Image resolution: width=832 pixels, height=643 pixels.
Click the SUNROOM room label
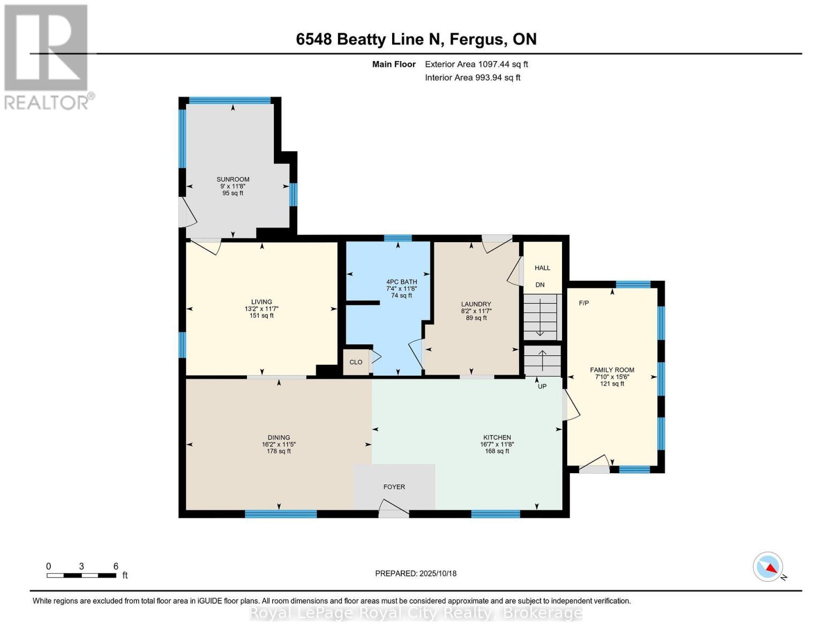click(x=233, y=180)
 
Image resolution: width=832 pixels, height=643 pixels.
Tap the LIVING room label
click(x=261, y=302)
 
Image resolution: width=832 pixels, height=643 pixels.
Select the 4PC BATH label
click(x=401, y=282)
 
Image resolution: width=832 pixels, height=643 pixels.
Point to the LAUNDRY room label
click(x=476, y=304)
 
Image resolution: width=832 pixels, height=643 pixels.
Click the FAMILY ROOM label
click(x=612, y=370)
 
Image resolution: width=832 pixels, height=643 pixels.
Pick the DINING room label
click(x=279, y=437)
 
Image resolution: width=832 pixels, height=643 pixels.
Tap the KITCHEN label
click(x=497, y=437)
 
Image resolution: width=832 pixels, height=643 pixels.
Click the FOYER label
click(x=394, y=487)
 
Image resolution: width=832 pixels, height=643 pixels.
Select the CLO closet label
click(x=356, y=362)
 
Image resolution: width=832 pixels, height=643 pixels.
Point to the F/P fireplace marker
click(x=583, y=303)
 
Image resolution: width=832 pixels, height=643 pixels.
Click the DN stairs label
click(x=540, y=285)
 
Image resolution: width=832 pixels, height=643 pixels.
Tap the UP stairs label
click(x=542, y=386)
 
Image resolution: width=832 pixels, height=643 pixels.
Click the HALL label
click(x=542, y=268)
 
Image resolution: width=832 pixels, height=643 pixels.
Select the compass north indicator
click(x=769, y=567)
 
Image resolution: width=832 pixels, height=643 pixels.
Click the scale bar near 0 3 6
click(x=81, y=575)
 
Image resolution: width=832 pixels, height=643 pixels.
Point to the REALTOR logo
click(x=47, y=56)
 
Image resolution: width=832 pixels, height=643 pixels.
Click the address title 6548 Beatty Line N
click(x=416, y=39)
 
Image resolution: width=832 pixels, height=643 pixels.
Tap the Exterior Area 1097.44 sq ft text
click(x=476, y=64)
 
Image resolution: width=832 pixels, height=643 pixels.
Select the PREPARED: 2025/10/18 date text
click(x=416, y=573)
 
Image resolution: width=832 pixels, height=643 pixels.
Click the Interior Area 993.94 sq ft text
click(x=473, y=78)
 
